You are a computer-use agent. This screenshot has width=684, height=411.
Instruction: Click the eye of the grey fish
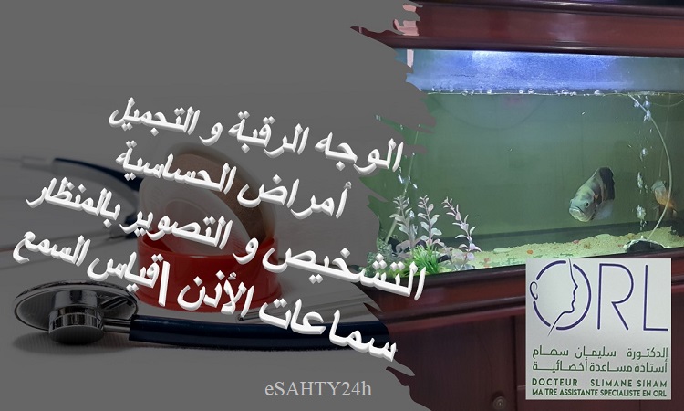[581, 199]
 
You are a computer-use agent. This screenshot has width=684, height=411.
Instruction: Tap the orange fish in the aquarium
[663, 195]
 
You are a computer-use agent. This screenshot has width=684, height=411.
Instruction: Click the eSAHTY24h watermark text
[318, 389]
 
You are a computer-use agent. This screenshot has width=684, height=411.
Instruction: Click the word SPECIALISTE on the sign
[625, 393]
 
